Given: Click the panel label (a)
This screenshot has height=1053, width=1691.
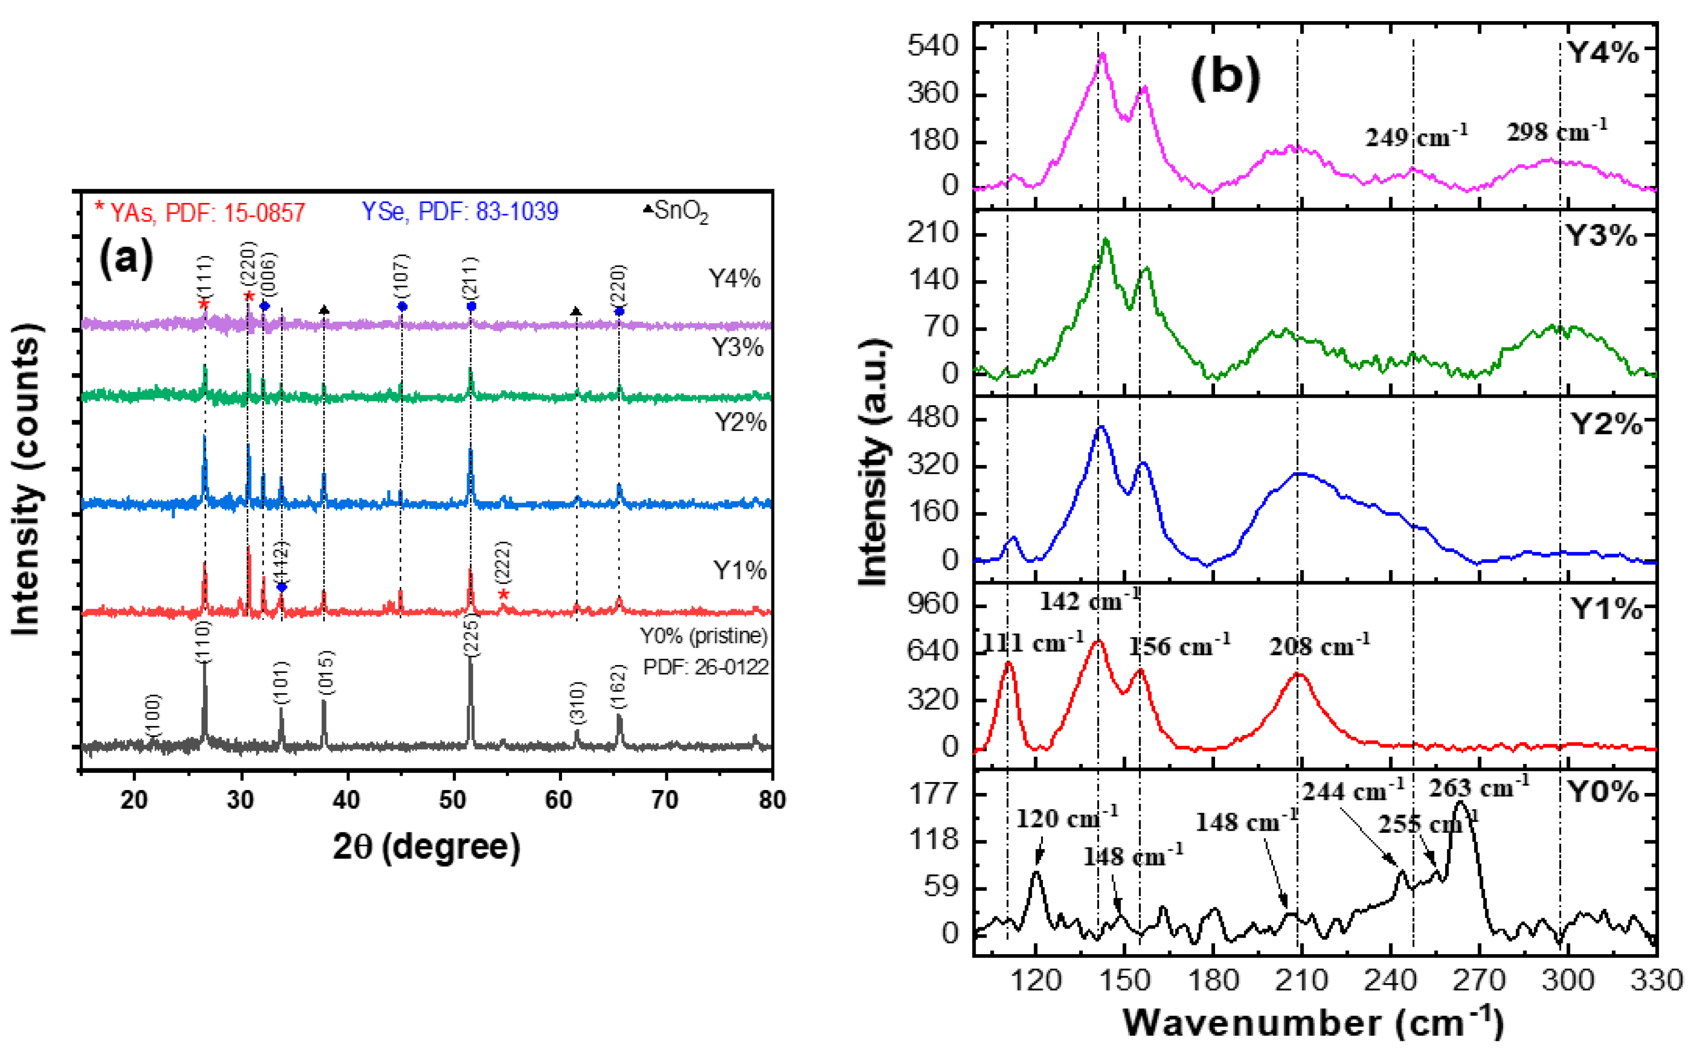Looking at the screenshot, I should pyautogui.click(x=126, y=259).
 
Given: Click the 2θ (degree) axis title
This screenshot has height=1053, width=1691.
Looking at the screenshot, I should pyautogui.click(x=426, y=848).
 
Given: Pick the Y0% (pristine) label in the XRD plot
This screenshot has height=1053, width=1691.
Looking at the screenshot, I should pyautogui.click(x=704, y=636).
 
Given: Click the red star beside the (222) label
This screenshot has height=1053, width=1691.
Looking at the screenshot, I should pyautogui.click(x=504, y=594).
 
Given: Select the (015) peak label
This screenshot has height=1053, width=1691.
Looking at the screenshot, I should pyautogui.click(x=325, y=672).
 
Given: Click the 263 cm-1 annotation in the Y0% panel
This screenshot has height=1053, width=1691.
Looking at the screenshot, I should pyautogui.click(x=1479, y=788).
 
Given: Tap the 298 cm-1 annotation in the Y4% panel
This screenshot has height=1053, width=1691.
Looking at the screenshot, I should pyautogui.click(x=1557, y=130).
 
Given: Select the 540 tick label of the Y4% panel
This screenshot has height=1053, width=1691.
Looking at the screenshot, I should pyautogui.click(x=933, y=47).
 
